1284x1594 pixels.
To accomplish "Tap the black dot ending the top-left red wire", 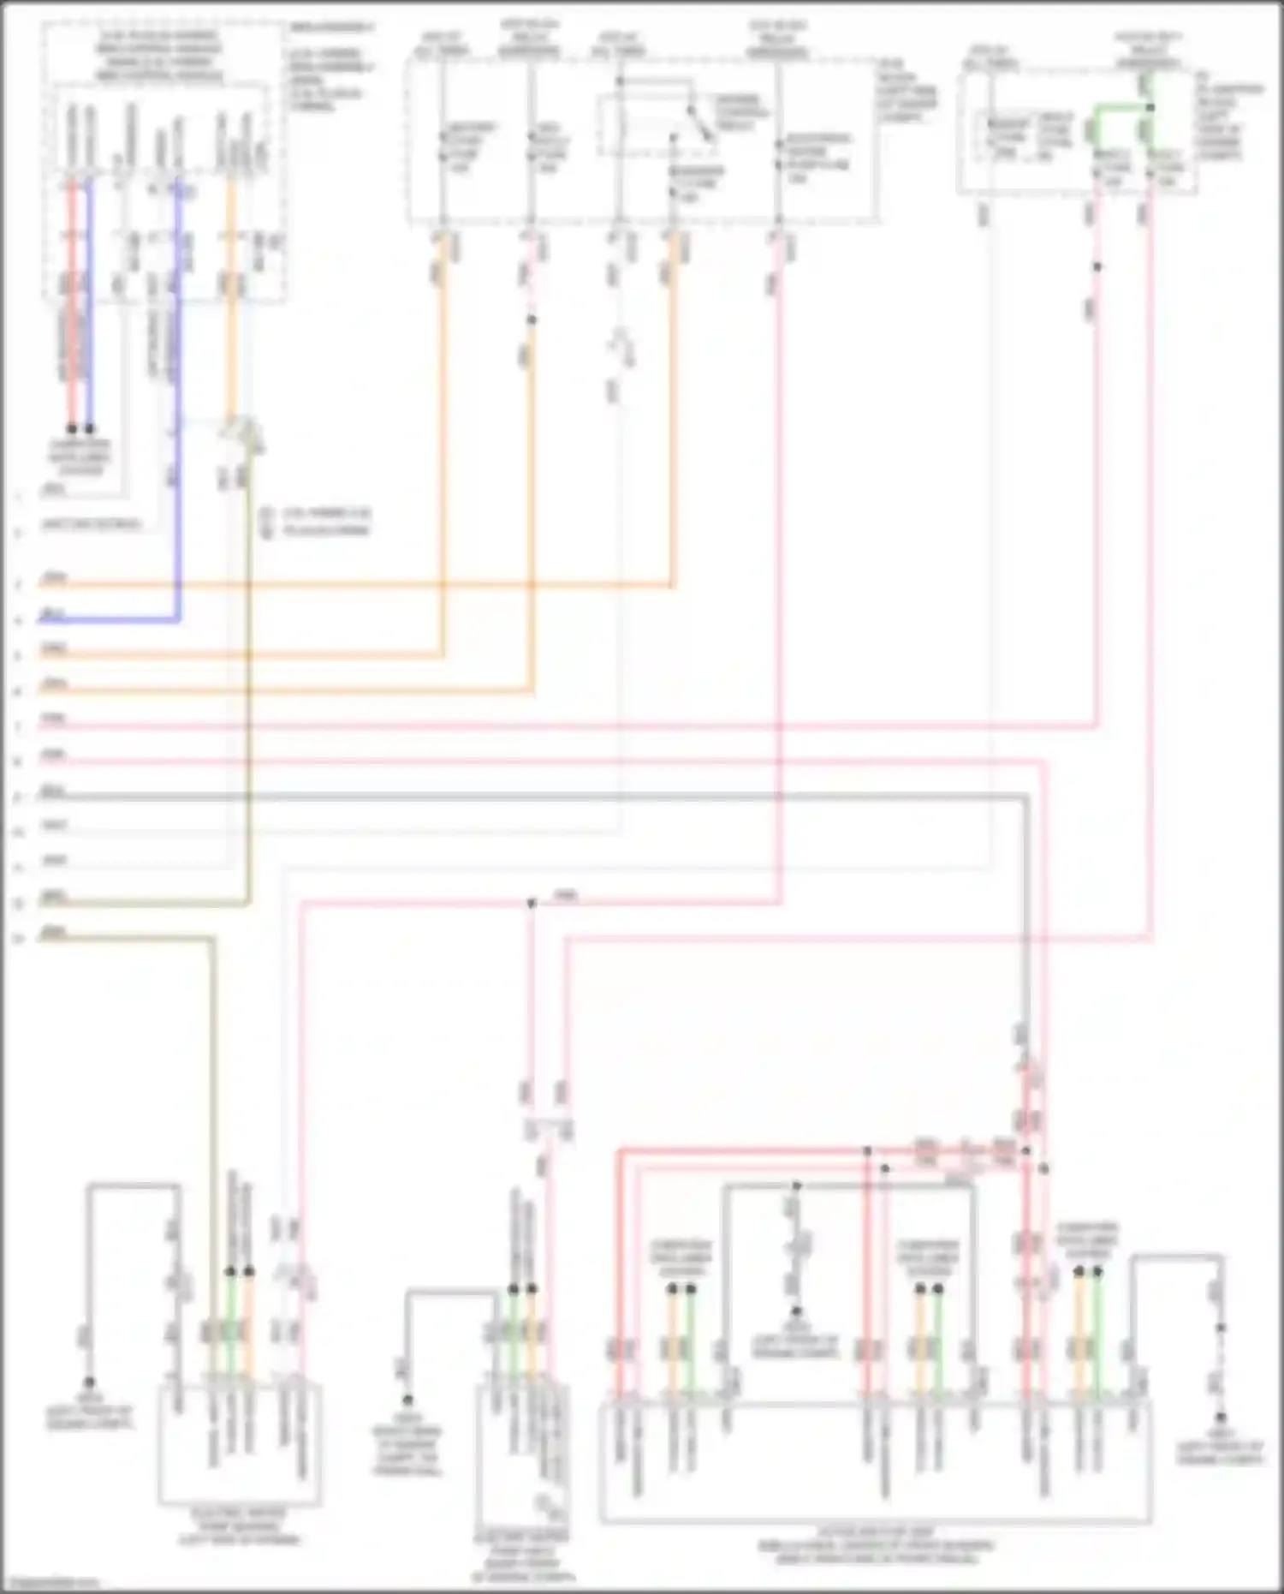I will coord(72,428).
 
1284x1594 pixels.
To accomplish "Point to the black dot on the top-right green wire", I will coord(1150,107).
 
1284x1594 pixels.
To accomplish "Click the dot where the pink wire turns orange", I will coord(532,320).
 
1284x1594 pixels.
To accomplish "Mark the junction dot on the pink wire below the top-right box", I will coord(1097,267).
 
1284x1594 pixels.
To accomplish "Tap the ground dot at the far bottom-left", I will coord(88,1382).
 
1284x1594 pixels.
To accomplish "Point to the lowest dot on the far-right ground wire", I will coord(1221,1418).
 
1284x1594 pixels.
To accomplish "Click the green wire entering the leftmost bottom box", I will coord(229,1336).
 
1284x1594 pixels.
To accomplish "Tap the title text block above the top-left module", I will coord(158,57).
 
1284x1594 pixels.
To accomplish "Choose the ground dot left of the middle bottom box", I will coord(407,1400).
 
